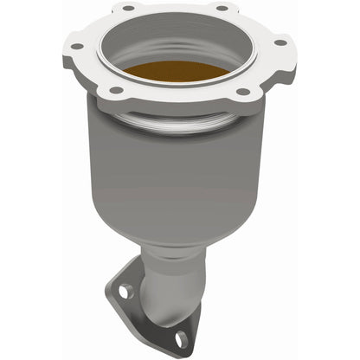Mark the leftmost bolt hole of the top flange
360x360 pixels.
click(77, 46)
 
